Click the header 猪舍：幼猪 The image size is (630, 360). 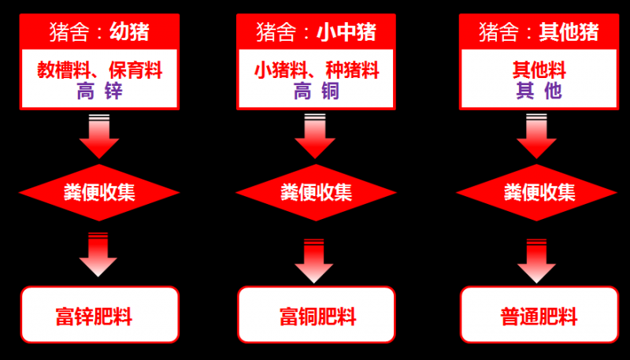tap(99, 32)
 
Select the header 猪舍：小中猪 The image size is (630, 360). tap(316, 32)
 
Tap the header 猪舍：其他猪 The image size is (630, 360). tap(539, 32)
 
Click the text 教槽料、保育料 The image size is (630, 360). tap(99, 70)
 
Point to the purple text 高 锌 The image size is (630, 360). tap(99, 91)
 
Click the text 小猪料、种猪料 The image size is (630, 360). tap(316, 70)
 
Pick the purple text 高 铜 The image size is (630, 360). tap(316, 91)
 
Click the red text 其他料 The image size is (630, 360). tap(539, 70)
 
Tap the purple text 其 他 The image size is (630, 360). tap(539, 91)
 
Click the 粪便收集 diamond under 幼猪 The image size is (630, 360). tap(99, 192)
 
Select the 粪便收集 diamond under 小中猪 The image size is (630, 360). tap(316, 192)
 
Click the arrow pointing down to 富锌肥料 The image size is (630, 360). tap(99, 255)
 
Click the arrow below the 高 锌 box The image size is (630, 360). tap(99, 137)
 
